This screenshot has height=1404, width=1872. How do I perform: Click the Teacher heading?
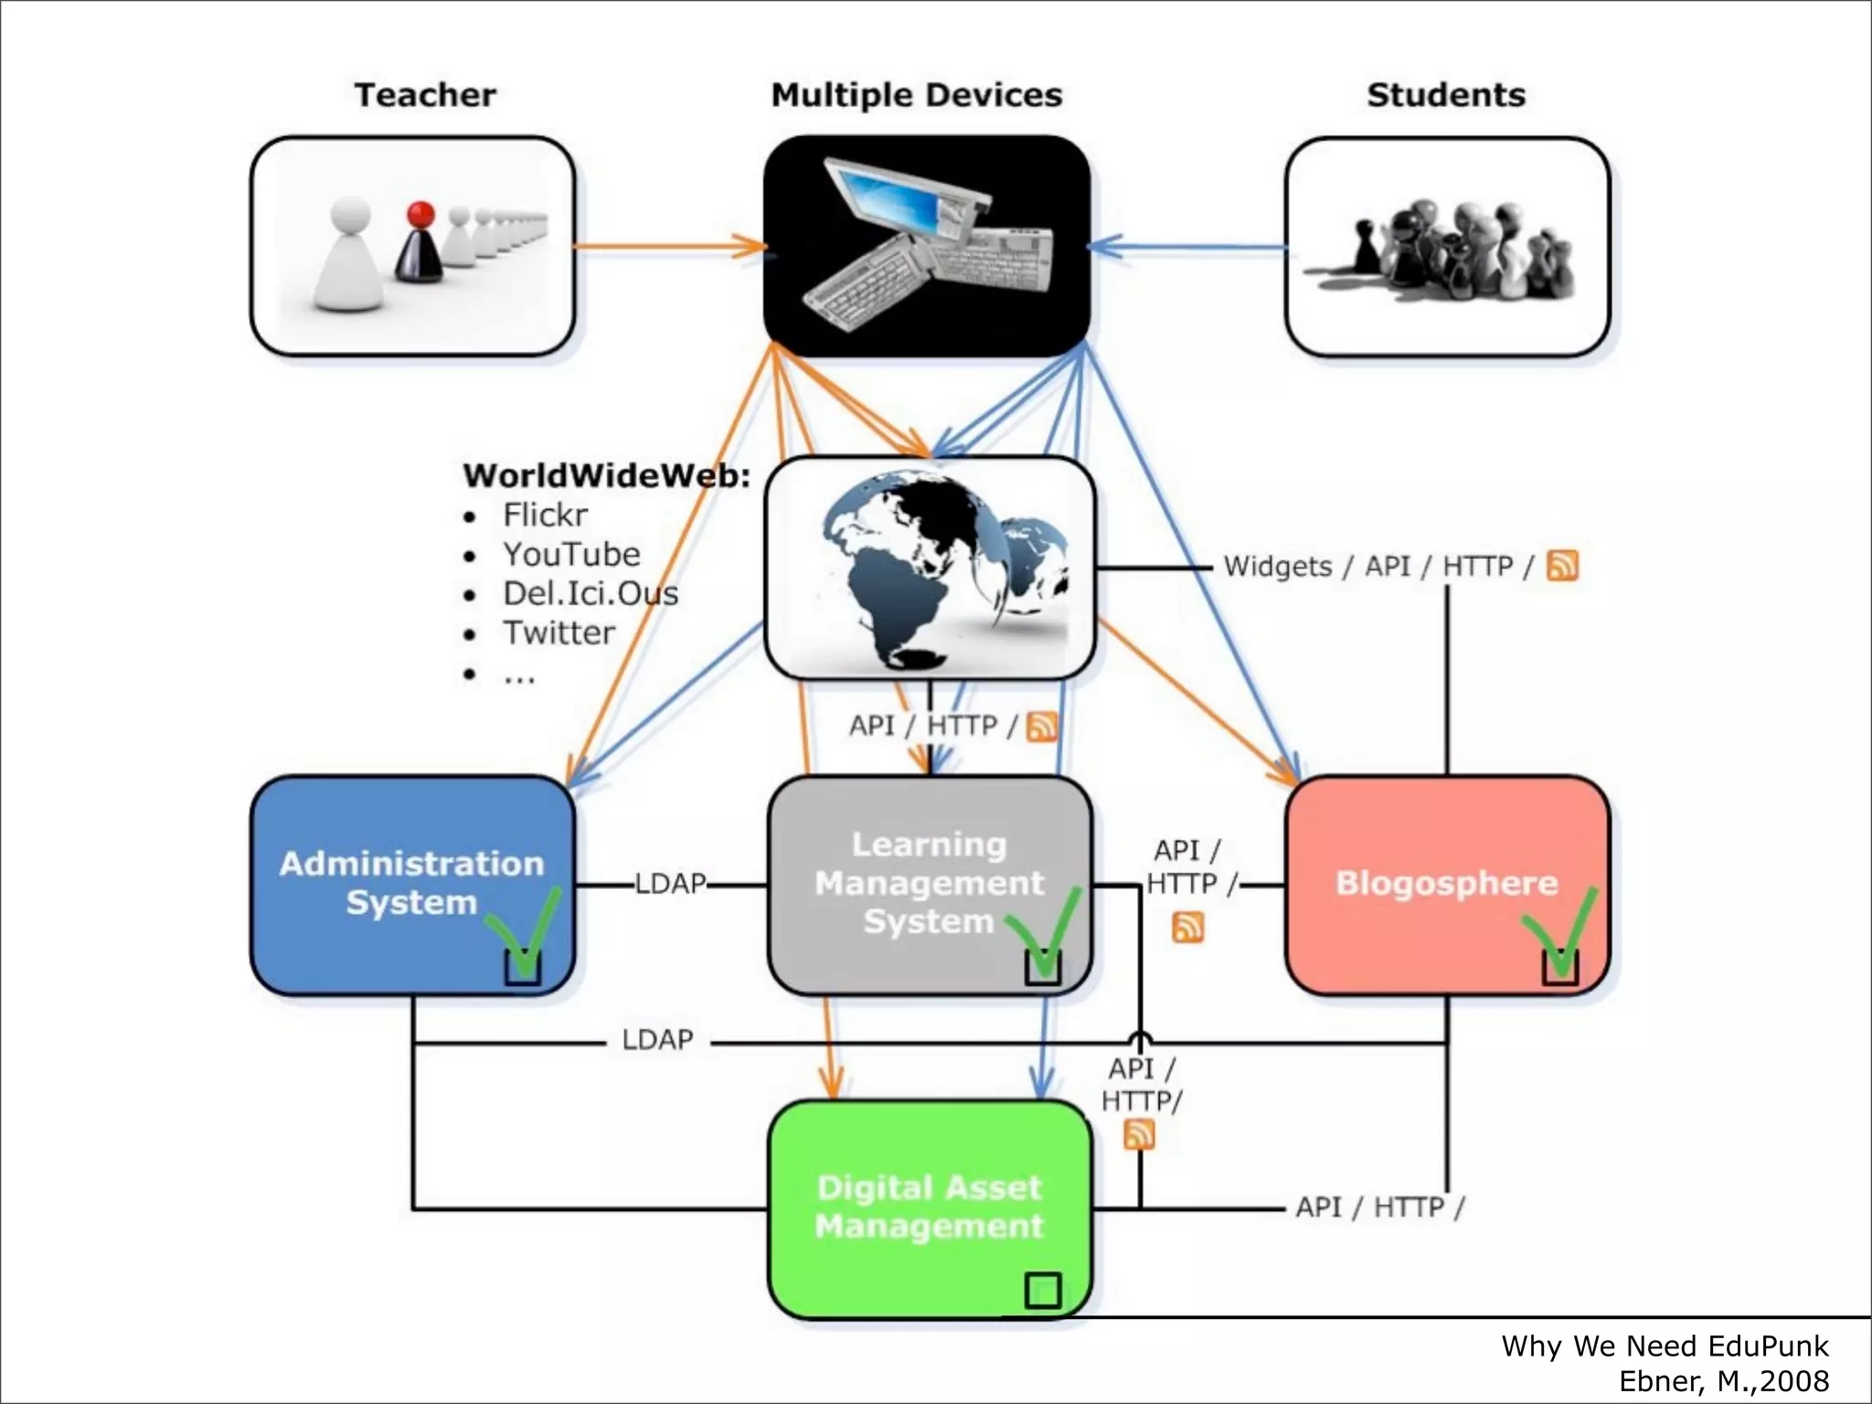pos(425,95)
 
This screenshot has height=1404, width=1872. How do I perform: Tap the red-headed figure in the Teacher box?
pos(420,239)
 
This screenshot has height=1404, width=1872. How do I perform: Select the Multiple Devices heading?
pos(917,95)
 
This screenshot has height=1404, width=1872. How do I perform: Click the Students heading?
pos(1446,95)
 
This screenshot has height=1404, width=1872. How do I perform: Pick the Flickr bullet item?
pos(545,515)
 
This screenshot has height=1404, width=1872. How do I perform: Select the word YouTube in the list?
pos(571,554)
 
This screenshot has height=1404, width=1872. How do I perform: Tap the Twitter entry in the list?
pos(558,633)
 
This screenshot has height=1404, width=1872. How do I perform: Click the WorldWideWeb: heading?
pos(606,475)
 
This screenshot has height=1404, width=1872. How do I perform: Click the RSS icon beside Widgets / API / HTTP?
pos(1562,566)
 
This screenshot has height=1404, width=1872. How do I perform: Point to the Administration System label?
pos(411,882)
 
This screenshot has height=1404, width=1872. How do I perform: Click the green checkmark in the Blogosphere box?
pos(1560,932)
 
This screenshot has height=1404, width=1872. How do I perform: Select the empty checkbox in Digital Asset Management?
pos(1043,1290)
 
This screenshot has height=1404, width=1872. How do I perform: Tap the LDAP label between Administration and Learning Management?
pos(670,884)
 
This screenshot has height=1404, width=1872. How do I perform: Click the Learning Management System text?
pos(929,882)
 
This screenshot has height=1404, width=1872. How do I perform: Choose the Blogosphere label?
pos(1446,883)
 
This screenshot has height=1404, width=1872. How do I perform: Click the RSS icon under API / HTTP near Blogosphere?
pos(1187,927)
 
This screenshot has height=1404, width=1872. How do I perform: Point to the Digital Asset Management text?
pos(929,1206)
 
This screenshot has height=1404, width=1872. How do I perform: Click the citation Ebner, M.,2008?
pos(1723,1380)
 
